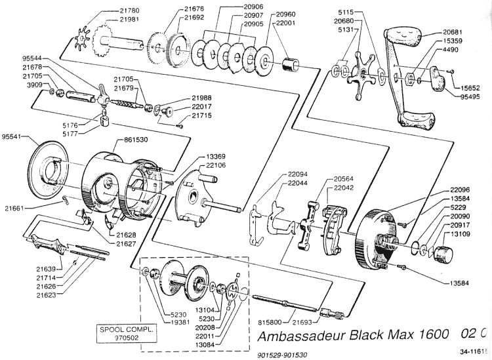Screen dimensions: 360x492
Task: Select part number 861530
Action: (x=137, y=140)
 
